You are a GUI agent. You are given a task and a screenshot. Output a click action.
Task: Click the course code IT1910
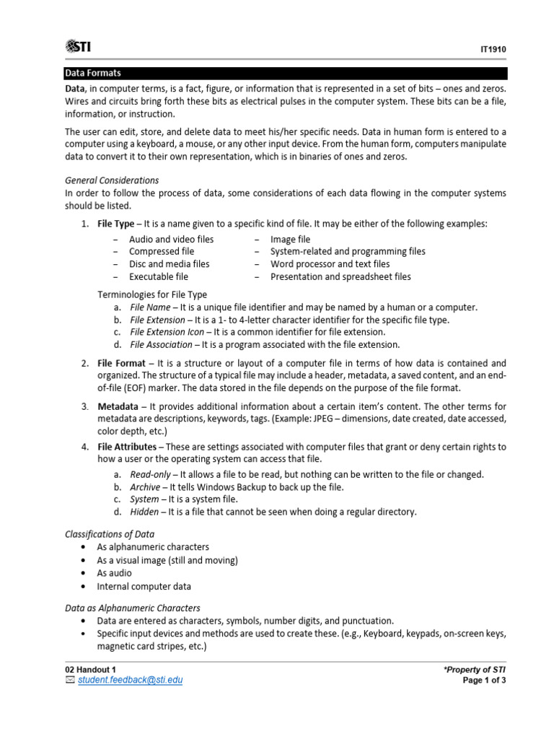click(495, 50)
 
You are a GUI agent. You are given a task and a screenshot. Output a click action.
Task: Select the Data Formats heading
click(93, 73)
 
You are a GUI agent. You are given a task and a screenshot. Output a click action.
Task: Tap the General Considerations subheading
click(112, 180)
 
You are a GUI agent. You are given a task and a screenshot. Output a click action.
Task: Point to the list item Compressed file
click(162, 251)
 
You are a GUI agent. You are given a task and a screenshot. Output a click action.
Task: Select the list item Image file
click(290, 239)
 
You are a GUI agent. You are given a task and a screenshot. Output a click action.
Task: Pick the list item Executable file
click(159, 276)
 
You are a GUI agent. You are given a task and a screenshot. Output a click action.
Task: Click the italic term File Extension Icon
click(167, 332)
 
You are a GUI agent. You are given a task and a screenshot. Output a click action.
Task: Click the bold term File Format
click(121, 363)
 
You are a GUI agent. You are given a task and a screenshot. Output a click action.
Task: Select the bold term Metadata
click(118, 407)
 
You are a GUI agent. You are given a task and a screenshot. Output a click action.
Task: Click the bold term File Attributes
click(126, 447)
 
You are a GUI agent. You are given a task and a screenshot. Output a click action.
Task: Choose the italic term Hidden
click(144, 512)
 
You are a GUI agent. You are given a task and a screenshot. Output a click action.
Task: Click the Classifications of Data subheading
click(110, 534)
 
